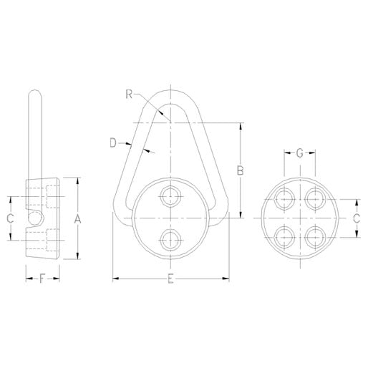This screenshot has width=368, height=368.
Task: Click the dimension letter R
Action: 127,93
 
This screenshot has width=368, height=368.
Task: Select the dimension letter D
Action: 114,143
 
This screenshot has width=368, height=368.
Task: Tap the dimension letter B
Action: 241,170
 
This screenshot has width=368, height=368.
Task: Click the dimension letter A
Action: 79,220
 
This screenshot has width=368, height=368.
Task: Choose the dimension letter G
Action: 300,153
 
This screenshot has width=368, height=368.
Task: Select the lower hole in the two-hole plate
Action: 170,240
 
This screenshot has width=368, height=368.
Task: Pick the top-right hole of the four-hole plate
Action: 314,198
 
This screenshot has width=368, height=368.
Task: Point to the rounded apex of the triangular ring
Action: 170,92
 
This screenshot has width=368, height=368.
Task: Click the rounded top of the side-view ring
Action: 34,94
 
